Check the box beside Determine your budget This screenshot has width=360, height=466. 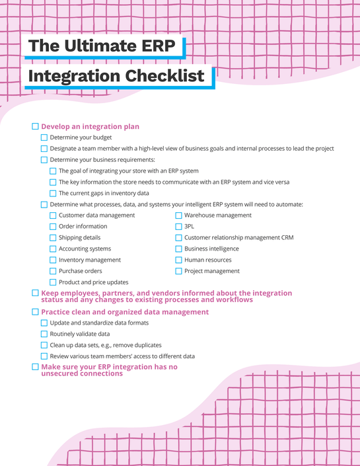pos(44,137)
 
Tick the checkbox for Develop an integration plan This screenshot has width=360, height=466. pos(36,126)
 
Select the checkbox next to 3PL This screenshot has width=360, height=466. pos(178,226)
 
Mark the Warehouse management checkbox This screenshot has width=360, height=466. pos(178,215)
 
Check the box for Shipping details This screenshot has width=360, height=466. pos(53,237)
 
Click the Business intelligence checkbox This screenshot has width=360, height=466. pos(178,249)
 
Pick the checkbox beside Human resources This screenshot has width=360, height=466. pos(178,260)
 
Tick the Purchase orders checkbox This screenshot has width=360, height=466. pos(53,271)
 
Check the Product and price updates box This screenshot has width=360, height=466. pos(53,282)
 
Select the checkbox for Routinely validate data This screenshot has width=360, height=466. pos(44,334)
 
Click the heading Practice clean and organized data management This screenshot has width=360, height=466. pos(125,312)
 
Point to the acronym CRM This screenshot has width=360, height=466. pos(287,237)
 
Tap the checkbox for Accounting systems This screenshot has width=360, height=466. pos(53,249)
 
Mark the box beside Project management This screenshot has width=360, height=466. pos(178,271)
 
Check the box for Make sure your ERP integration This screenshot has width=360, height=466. pos(36,366)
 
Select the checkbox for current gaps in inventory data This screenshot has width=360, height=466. pos(53,193)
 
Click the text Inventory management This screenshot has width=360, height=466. pos(90,260)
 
